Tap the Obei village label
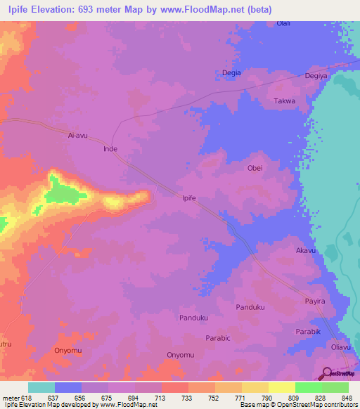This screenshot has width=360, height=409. (x=255, y=168)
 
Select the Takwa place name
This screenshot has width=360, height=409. (x=284, y=101)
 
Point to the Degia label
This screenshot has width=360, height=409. (x=231, y=73)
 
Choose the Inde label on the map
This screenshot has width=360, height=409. (x=110, y=149)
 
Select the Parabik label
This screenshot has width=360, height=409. (x=307, y=331)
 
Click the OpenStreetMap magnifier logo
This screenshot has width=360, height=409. (x=326, y=373)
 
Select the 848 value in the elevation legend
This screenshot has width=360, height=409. (x=345, y=397)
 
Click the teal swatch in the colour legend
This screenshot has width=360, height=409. (x=41, y=387)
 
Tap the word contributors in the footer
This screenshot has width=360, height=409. (x=338, y=405)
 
